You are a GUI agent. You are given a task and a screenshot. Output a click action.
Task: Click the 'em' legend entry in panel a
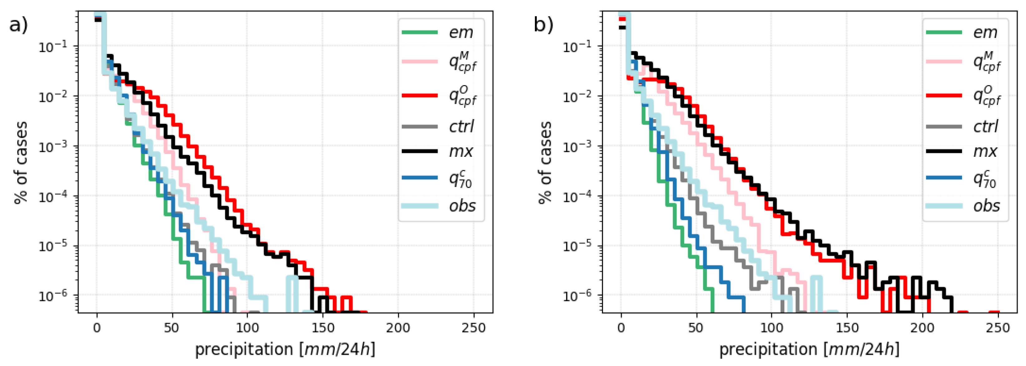(461, 32)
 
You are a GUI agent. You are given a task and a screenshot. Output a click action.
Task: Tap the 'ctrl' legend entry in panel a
(461, 127)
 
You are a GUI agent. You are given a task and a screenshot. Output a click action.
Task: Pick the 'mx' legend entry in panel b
(985, 151)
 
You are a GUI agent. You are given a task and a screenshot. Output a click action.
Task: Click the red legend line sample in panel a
(419, 95)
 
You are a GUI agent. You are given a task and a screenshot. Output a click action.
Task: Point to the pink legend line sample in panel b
(944, 62)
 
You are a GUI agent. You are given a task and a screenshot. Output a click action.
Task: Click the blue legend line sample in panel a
(419, 177)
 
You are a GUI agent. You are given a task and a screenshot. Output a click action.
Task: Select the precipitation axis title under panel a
(284, 349)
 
